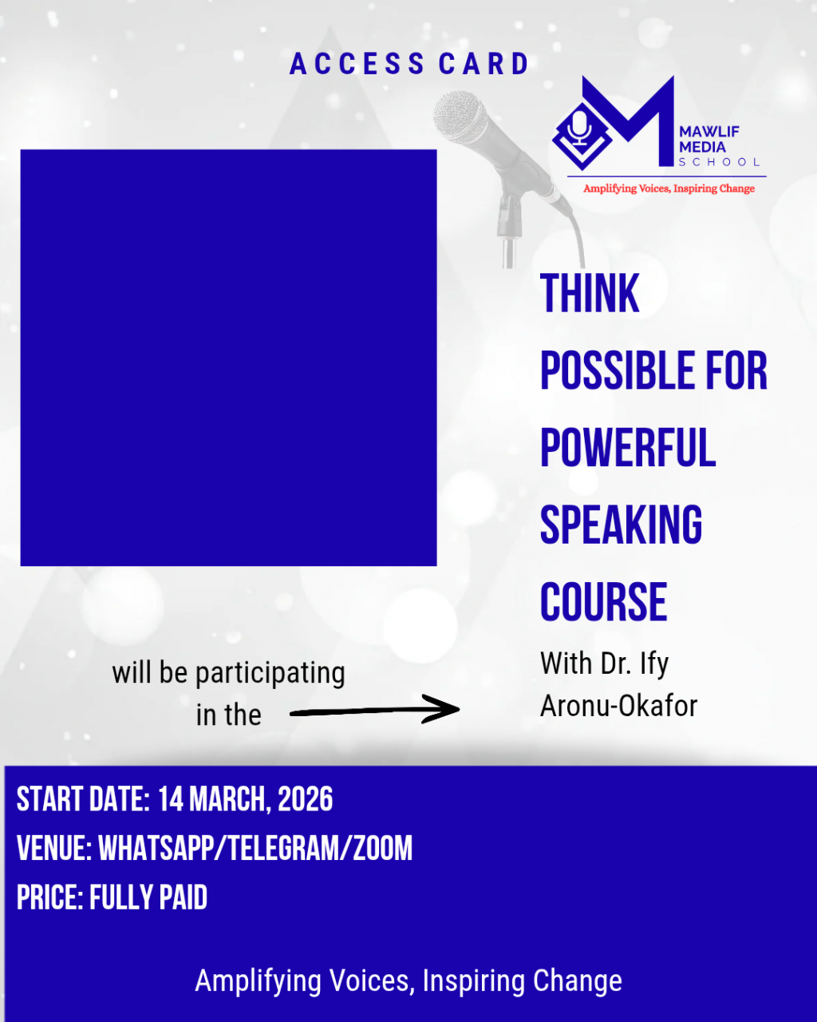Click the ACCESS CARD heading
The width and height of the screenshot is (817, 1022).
click(x=408, y=64)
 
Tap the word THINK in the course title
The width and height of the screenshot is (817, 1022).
click(x=590, y=293)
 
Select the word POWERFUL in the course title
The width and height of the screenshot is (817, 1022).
click(x=628, y=447)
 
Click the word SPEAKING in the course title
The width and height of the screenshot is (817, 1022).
click(x=621, y=525)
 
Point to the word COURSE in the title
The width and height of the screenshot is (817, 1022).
click(x=604, y=602)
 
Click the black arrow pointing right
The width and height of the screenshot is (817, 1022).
click(x=374, y=710)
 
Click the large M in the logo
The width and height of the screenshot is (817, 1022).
click(x=628, y=121)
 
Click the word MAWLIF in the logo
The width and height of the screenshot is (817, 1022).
click(x=709, y=132)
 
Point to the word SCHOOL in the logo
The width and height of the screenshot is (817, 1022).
click(x=719, y=162)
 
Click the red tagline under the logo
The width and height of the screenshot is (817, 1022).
click(x=669, y=188)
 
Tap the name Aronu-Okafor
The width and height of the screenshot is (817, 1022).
click(x=618, y=706)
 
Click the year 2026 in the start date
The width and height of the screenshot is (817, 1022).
click(x=306, y=798)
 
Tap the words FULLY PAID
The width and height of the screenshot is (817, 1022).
click(x=148, y=897)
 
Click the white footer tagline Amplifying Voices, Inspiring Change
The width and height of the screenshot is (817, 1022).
click(x=408, y=980)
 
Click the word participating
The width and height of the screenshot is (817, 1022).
click(x=270, y=674)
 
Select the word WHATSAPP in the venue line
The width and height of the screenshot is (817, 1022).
click(x=156, y=848)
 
